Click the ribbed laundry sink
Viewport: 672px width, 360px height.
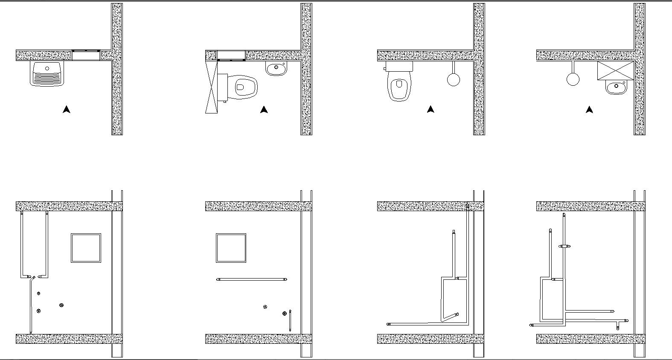tap(47, 74)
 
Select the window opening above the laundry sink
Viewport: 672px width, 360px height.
tap(86, 55)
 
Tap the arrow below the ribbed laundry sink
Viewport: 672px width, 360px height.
tap(66, 110)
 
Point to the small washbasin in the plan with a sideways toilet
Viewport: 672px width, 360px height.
tap(276, 68)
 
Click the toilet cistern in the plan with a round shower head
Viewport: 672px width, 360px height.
tap(399, 66)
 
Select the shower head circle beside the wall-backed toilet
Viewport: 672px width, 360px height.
tap(454, 79)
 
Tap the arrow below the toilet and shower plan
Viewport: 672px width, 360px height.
tap(431, 110)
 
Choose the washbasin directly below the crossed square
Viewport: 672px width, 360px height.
tap(615, 87)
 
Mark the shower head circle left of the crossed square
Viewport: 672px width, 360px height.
tap(573, 79)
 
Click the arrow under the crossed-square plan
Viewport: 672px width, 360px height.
tap(589, 110)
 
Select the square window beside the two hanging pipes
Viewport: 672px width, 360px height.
tap(86, 248)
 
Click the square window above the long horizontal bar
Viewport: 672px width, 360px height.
tap(231, 248)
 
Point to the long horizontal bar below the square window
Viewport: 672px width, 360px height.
tap(252, 279)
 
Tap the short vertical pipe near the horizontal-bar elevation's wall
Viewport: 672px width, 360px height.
tap(290, 321)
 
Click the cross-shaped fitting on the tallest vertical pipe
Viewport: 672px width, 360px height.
tap(564, 246)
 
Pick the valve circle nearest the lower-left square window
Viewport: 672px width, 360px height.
tap(61, 305)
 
